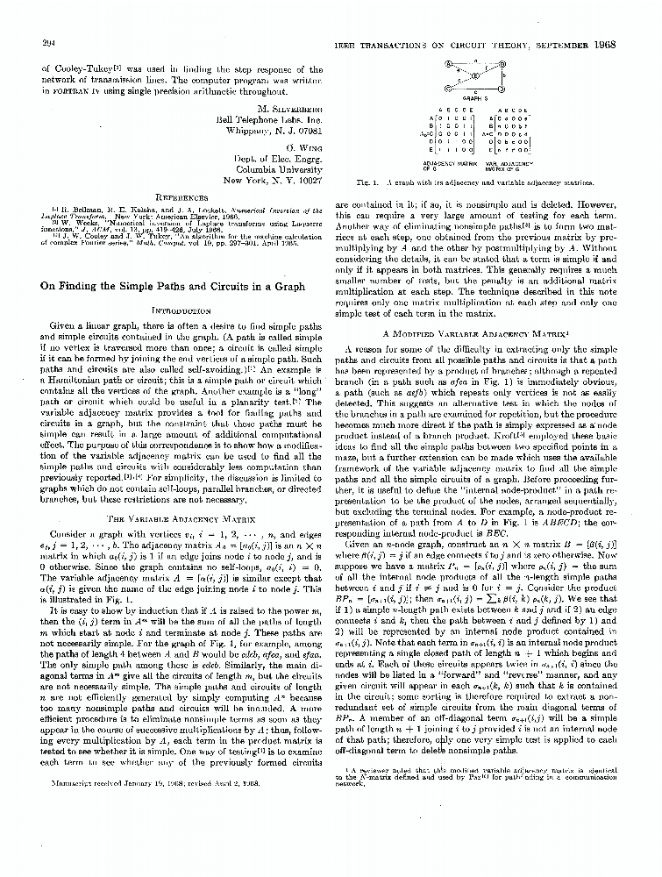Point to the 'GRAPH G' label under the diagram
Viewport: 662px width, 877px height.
(x=474, y=99)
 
